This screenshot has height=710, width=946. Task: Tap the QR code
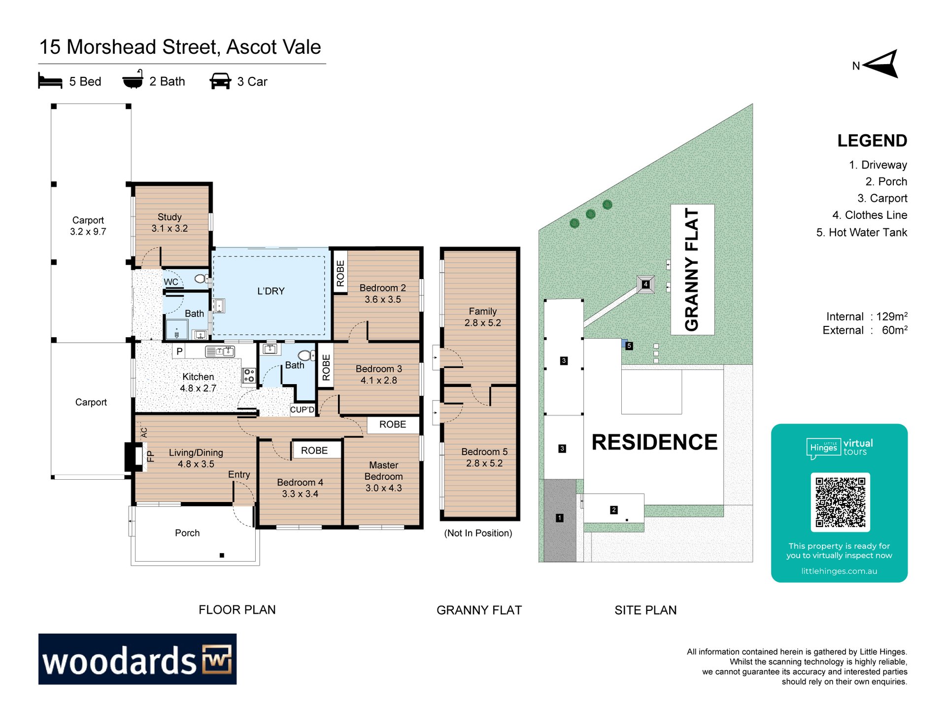point(840,502)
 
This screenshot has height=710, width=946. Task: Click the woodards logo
point(137,659)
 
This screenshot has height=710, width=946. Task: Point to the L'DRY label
point(271,291)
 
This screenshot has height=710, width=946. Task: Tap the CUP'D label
point(302,410)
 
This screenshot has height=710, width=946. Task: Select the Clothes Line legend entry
point(870,215)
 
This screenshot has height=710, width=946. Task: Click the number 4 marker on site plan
point(645,284)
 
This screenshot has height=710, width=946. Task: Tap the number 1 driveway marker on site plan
point(560,518)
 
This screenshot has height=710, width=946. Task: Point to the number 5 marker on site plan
point(629,346)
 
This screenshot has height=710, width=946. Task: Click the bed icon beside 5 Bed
point(50,80)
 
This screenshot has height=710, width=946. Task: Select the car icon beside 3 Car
point(220,81)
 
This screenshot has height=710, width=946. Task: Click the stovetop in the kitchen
point(249,375)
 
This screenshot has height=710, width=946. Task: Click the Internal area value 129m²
point(891,316)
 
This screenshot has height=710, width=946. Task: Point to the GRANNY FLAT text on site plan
point(692,269)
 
